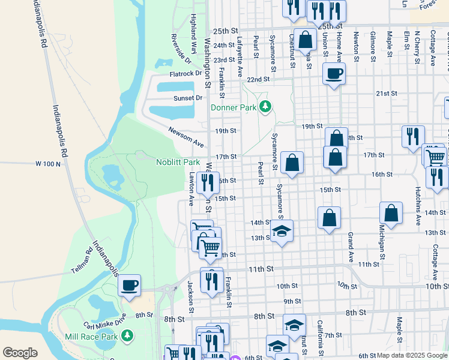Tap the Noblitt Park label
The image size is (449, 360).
178,163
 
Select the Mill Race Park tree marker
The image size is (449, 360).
127,337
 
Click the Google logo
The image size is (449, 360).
20,353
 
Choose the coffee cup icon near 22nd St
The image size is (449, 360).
334,74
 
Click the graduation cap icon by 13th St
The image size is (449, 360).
282,231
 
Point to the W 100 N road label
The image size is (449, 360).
48,163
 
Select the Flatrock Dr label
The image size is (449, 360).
185,74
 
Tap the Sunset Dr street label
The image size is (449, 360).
188,98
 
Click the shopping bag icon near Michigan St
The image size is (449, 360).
391,213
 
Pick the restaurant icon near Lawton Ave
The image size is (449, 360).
208,182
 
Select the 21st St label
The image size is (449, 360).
387,94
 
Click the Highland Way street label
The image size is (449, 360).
193,34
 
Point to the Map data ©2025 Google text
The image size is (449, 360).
412,356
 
